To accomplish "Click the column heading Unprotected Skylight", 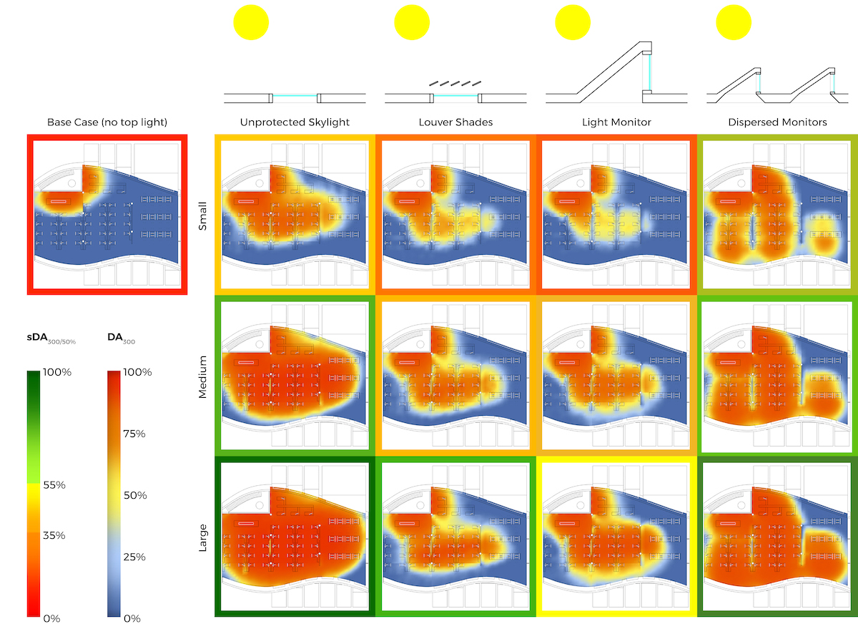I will coord(295,122).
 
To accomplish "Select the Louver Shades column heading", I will coord(455,122).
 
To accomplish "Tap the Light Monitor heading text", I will coord(616,122).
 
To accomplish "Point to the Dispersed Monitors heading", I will coord(777,122).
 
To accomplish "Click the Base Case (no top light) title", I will coord(107,122).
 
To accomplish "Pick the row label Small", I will coord(202,213).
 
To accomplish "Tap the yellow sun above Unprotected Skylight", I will coord(251,22).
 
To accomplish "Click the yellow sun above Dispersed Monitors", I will coord(734,22).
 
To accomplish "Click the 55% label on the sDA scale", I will coord(54,485).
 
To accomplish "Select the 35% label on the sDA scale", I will coord(54,535).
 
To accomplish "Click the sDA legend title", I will coord(51,337).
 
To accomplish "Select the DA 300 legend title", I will coord(121,337).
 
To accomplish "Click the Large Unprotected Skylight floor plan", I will coord(295,537).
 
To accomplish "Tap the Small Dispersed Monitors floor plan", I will coord(777,213).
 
